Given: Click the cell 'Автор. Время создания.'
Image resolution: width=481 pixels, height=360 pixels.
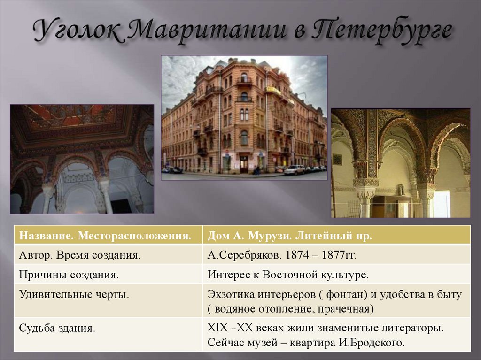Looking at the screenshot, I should [79, 256].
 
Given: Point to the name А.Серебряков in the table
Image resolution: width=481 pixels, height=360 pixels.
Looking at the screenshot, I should [236, 256].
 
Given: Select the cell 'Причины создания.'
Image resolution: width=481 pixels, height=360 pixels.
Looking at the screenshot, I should [69, 275].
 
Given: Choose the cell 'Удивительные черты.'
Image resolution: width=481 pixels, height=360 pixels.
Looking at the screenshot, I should [74, 295].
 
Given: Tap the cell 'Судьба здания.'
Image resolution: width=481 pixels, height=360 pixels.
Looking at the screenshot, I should [57, 328].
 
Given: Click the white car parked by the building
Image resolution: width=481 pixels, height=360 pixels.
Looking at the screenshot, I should [294, 169].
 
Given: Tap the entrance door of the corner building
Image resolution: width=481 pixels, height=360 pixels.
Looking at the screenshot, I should [244, 164].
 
